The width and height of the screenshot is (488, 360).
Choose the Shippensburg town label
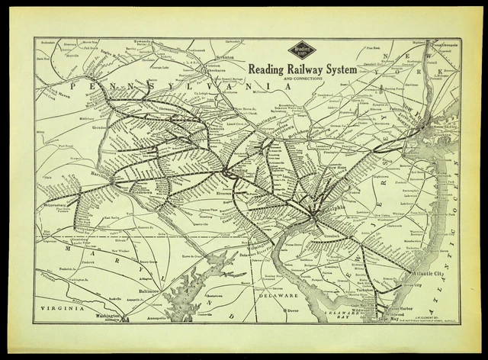56,204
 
